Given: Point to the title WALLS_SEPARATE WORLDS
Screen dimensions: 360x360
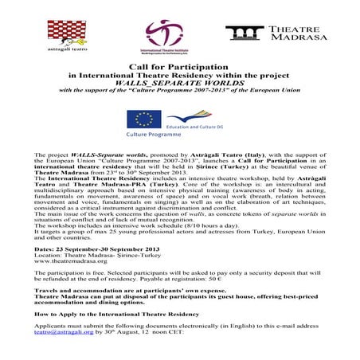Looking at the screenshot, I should tap(179, 82).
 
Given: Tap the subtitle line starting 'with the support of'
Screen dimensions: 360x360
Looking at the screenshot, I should tap(180, 89).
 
